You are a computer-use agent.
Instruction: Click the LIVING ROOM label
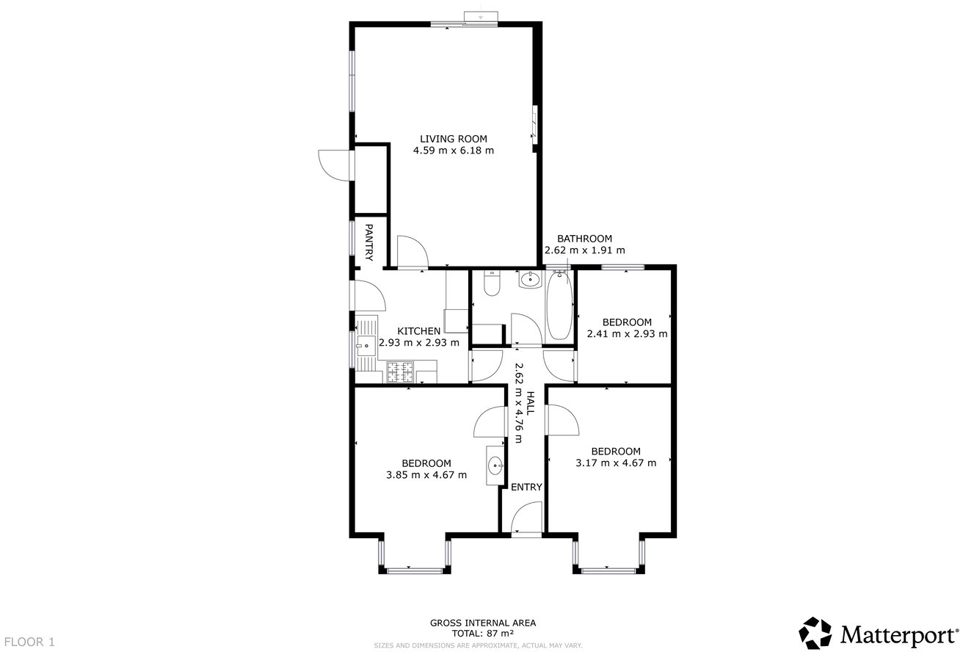[453, 138]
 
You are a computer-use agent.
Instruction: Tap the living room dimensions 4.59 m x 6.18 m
[453, 151]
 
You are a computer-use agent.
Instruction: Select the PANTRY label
[369, 243]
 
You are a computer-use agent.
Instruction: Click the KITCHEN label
[419, 331]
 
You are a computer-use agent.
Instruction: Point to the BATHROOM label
[584, 239]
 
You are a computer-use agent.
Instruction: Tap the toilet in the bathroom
[491, 283]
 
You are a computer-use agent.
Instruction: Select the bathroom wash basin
[529, 278]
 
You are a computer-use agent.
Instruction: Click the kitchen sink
[365, 343]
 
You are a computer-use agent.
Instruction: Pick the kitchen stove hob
[400, 372]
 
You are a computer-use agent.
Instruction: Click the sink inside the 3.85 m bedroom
[496, 464]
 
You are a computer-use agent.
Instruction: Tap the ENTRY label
[526, 488]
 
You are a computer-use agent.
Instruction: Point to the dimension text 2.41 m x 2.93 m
[627, 334]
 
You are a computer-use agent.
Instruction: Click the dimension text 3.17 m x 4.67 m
[616, 463]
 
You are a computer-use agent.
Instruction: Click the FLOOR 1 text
[29, 642]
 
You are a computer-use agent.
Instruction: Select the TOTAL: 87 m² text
[482, 633]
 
